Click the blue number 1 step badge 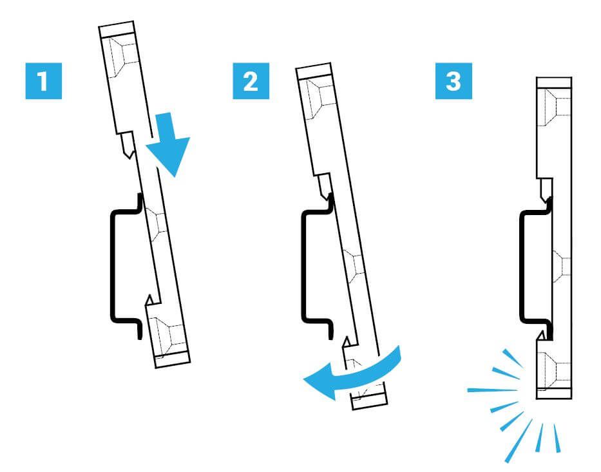(43, 81)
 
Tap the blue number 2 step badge (251, 81)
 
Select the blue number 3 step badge (453, 81)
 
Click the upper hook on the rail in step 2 (324, 187)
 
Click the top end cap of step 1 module (117, 29)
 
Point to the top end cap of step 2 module (314, 71)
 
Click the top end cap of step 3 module (554, 82)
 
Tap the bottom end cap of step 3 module (554, 393)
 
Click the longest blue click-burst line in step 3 (493, 390)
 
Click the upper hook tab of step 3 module (544, 190)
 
